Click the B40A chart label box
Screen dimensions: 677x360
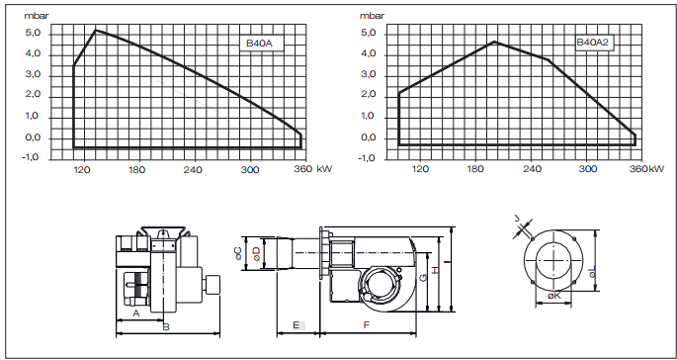pos(262,44)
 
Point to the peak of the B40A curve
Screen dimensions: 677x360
pos(96,31)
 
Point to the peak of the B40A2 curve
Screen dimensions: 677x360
pos(495,42)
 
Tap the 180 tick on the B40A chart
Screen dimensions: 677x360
pos(136,170)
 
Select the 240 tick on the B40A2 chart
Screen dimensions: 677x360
pos(532,169)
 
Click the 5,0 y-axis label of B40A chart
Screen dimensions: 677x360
pos(34,34)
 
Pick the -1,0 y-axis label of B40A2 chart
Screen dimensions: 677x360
pos(367,157)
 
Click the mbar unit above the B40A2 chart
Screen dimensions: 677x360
pos(372,16)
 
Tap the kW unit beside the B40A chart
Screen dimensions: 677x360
pos(324,169)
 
